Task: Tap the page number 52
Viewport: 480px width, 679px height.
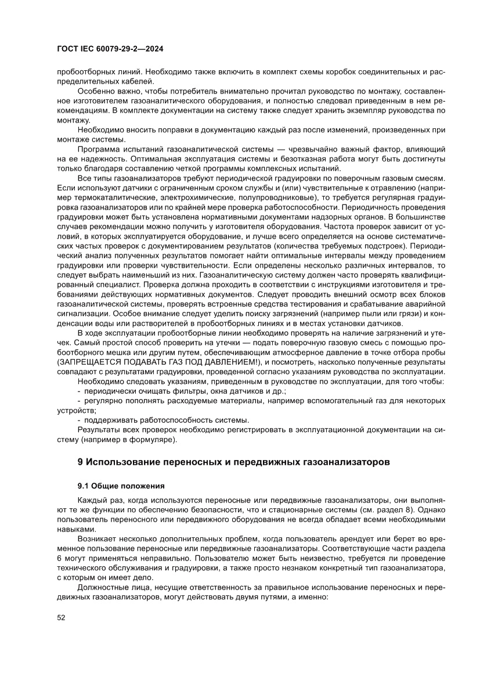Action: click(x=61, y=617)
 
